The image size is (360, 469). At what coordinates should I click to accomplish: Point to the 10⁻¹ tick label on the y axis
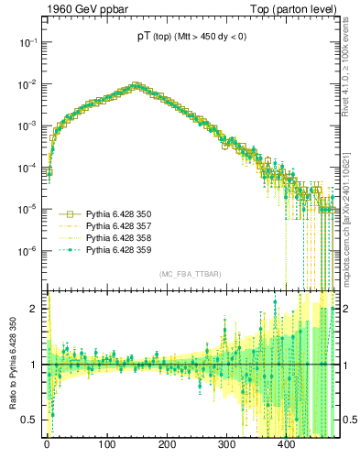[x=27, y=42]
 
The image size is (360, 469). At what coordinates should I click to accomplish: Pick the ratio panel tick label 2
[x=37, y=309]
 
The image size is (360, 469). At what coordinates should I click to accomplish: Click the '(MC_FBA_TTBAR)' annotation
[x=191, y=275]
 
